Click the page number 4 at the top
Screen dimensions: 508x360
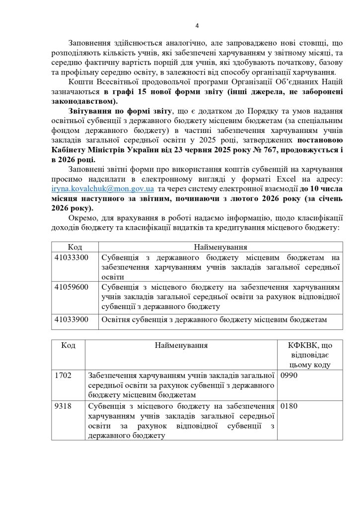tap(197, 26)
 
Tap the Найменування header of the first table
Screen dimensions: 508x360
tap(220, 247)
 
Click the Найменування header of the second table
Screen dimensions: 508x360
tap(181, 345)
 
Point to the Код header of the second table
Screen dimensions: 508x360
tap(69, 345)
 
